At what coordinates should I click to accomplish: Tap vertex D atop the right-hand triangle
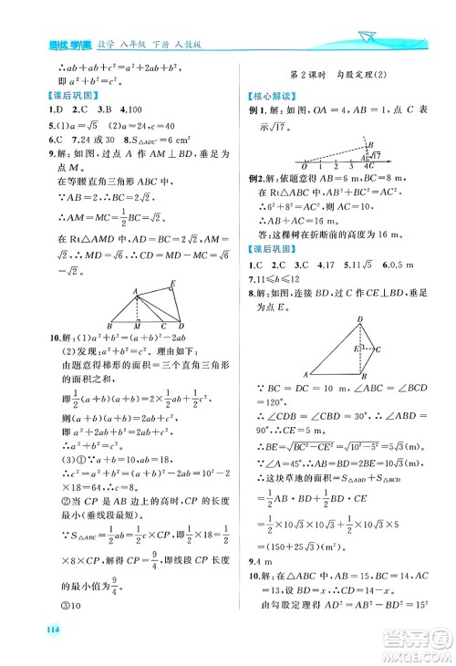point(359,318)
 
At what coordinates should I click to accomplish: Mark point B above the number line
point(368,145)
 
